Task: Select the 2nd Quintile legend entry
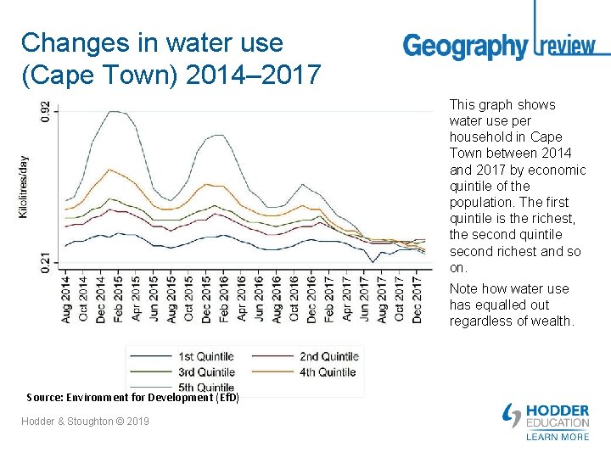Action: click(328, 356)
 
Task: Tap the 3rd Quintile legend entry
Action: click(206, 371)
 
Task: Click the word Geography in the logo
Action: click(465, 46)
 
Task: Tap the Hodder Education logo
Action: click(547, 416)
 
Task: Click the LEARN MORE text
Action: click(558, 437)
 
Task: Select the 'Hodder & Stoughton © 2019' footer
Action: click(86, 421)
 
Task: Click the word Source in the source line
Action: click(43, 397)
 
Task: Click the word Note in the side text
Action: click(465, 289)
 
